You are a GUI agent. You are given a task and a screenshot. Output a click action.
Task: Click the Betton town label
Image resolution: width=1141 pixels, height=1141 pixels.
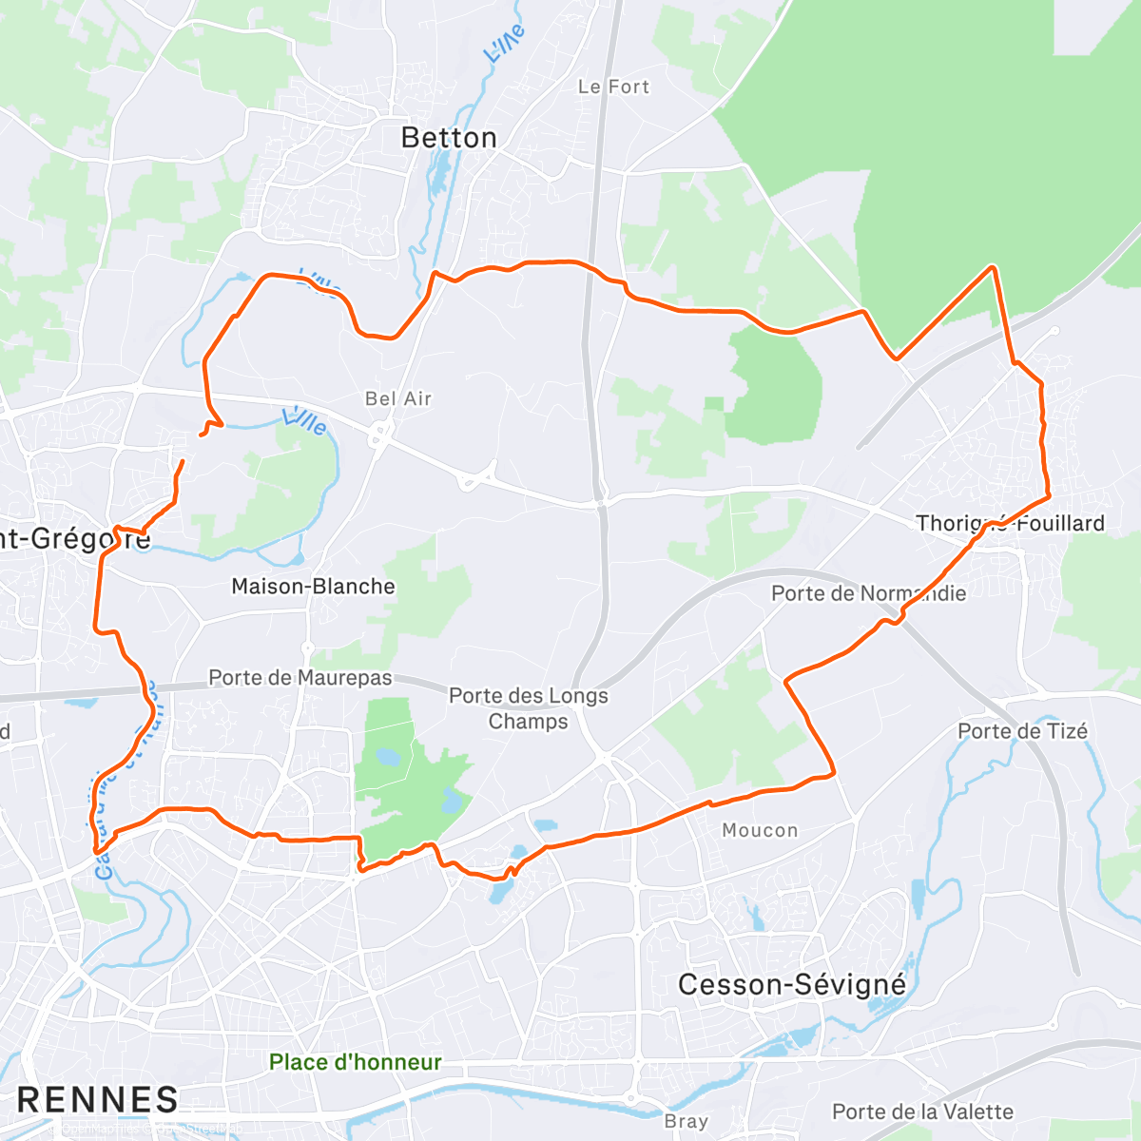pos(449,138)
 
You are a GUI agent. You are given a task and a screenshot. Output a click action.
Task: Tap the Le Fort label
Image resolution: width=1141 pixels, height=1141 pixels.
pos(613,87)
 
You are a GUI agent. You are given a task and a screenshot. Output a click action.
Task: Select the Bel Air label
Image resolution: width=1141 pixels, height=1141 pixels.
pos(398,398)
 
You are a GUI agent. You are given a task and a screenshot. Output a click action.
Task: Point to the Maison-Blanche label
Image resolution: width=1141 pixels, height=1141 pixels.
pos(313,587)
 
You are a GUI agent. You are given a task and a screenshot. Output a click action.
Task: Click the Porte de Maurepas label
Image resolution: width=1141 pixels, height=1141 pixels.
pos(300,678)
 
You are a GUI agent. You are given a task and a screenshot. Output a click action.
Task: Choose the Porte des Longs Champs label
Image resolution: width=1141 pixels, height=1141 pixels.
pos(528,708)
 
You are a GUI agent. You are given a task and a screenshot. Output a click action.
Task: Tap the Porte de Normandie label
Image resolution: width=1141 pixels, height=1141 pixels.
pos(868,593)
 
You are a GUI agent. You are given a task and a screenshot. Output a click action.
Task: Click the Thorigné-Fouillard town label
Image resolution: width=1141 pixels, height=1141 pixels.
pos(1010,523)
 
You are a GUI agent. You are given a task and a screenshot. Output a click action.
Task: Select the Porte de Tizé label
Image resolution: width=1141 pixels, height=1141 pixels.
pos(1022,731)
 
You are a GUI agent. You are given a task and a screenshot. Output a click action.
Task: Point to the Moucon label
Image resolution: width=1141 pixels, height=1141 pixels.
pos(760,830)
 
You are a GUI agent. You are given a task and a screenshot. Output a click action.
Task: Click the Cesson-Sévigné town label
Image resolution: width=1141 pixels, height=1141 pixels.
pos(792,984)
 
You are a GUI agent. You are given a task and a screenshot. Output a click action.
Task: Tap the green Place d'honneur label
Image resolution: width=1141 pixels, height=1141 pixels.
pos(355,1062)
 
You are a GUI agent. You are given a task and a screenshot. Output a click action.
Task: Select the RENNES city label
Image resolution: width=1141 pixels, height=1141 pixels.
pos(98,1100)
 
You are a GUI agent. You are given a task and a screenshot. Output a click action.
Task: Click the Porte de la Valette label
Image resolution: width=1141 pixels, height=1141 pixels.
pos(922,1112)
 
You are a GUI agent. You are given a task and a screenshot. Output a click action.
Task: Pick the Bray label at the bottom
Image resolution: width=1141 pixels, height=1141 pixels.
pos(686,1122)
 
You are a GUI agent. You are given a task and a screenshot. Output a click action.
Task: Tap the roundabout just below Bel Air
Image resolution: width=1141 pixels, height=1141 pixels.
pos(379,435)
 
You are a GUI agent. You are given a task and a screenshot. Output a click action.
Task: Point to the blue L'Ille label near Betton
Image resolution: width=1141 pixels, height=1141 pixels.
pos(503,44)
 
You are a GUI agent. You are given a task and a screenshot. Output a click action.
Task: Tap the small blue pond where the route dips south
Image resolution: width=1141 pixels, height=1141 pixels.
pos(498,889)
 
